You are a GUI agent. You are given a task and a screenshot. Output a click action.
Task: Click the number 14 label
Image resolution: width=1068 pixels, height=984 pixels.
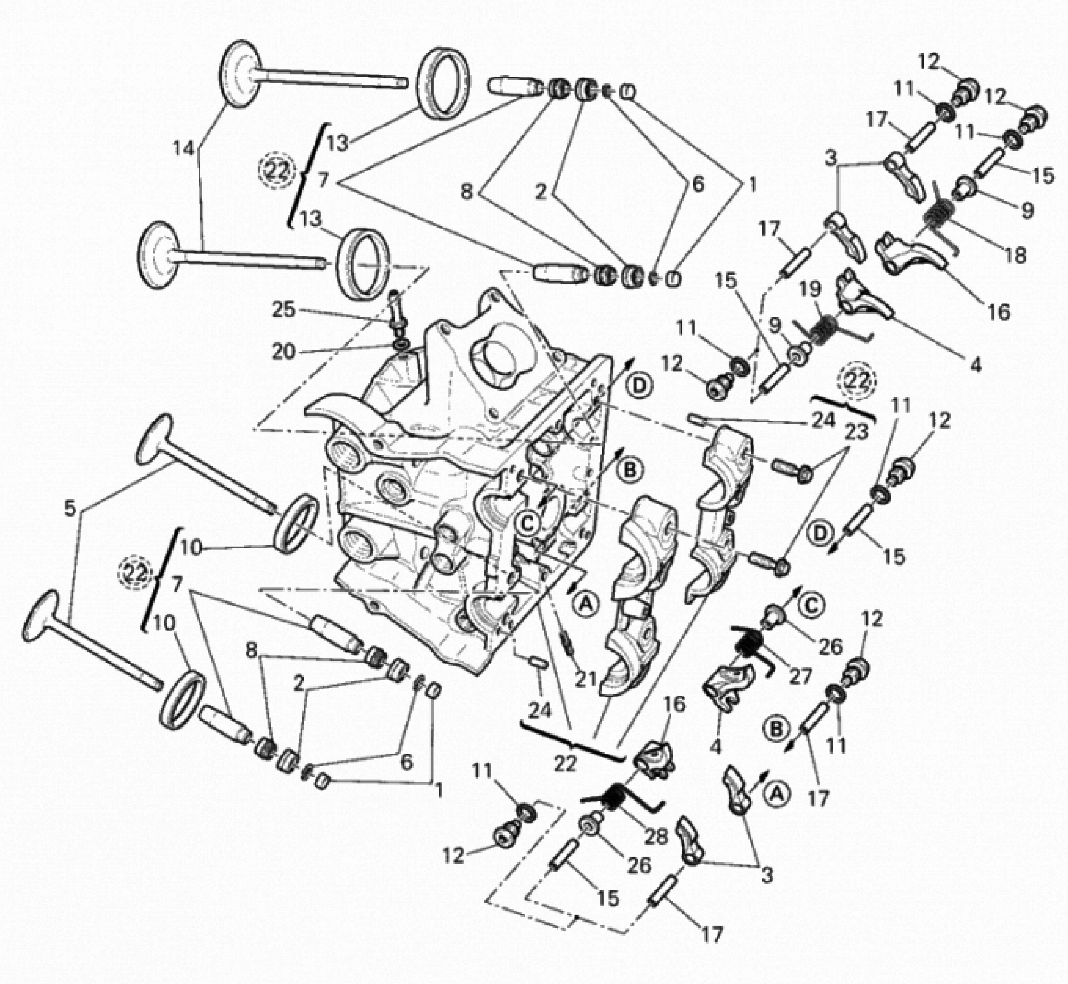(184, 149)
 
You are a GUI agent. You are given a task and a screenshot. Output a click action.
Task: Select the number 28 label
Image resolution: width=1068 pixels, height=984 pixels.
(655, 836)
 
